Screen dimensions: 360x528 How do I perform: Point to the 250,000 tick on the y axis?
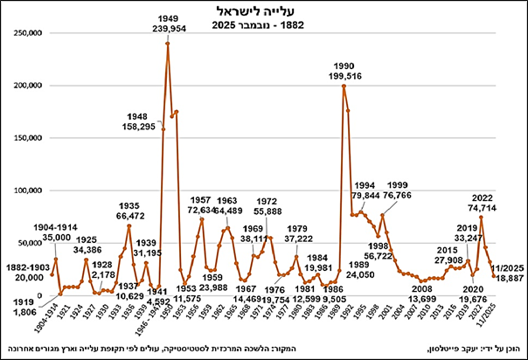[x=25, y=33]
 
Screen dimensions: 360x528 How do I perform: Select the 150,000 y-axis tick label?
[x=25, y=138]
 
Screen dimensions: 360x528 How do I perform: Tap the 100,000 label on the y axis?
[x=25, y=190]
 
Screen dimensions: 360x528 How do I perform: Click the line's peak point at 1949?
[x=167, y=44]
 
